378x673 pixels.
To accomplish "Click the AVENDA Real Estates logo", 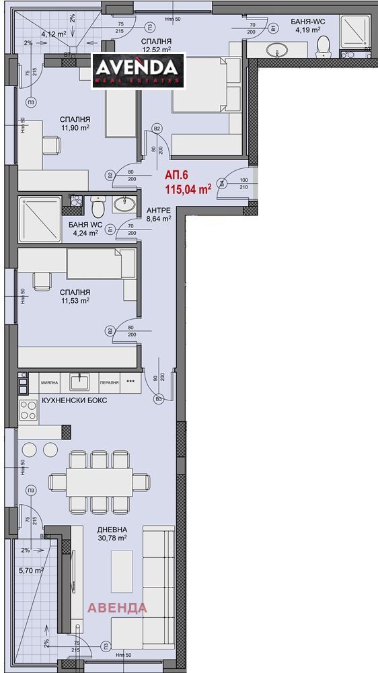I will pos(138,70).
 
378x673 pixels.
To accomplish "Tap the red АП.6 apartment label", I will pos(176,174).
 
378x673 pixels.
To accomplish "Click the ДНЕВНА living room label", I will pos(112,529).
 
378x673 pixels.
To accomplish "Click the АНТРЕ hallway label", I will pos(159,210).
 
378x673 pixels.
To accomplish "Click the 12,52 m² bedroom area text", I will pos(156,48).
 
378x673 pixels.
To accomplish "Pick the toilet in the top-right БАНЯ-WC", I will pos(324,45).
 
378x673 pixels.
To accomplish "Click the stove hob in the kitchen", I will pos(29,408).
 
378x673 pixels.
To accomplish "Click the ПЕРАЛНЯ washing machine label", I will pos(109,382).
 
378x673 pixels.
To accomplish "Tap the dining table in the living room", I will pos(99,482).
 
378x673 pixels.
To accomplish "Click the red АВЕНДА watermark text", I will pos(118,608).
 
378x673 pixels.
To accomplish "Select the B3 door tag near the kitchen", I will pos(159,399).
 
